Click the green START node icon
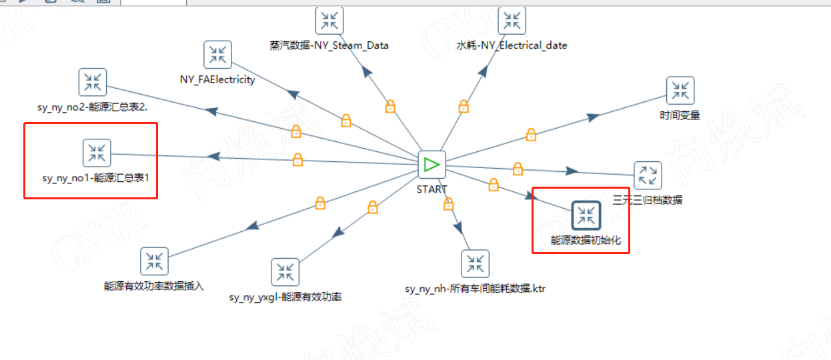coord(432,164)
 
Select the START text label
coord(432,189)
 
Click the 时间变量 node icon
coord(680,91)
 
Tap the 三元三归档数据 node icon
coord(648,175)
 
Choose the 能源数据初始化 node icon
coord(587,215)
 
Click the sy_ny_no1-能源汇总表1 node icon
coord(97,153)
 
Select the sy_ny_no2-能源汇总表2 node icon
coord(92,82)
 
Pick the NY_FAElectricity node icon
coord(217,55)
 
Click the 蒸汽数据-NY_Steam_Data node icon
coord(329,20)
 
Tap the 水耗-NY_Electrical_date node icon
coord(512,20)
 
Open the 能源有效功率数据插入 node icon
coord(154,261)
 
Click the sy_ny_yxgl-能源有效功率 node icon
coord(285,272)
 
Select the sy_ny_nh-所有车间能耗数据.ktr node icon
coord(475,264)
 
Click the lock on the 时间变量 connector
coord(531,135)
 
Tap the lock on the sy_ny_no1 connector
coord(297,159)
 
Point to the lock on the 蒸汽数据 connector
coord(390,106)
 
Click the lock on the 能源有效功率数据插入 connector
coord(320,203)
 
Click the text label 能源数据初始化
coord(586,240)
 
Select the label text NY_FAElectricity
coord(217,79)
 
